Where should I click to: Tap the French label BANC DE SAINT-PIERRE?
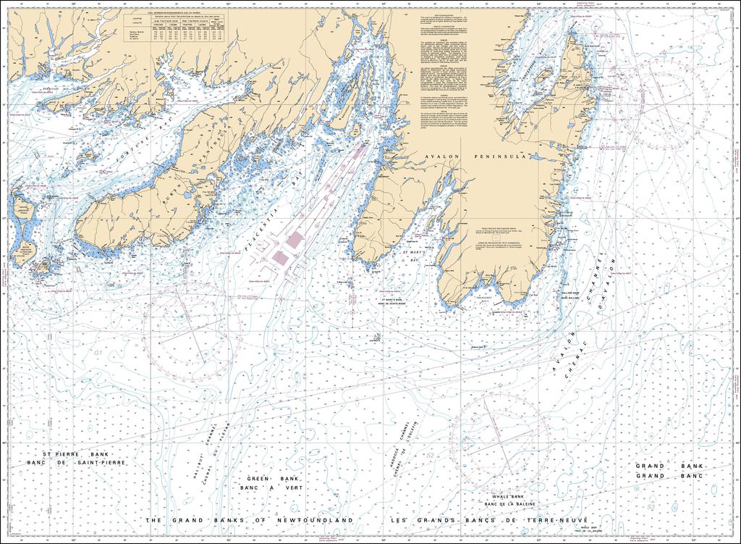(75, 462)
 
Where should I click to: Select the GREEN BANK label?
(268, 479)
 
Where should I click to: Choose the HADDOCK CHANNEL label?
(397, 450)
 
